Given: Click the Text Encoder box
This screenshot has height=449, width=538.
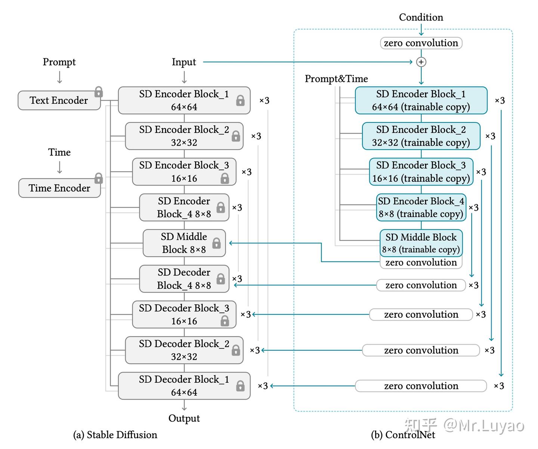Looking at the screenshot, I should click(59, 100).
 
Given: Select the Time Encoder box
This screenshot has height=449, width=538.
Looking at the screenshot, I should click(59, 188).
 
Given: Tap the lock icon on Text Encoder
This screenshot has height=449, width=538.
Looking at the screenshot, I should click(99, 92).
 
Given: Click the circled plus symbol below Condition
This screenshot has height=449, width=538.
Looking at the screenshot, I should click(421, 62).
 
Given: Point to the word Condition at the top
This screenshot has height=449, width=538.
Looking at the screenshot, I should click(421, 17).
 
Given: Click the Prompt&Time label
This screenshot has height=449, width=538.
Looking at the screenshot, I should click(336, 79).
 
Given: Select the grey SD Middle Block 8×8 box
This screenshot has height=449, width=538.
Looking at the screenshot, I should click(184, 243).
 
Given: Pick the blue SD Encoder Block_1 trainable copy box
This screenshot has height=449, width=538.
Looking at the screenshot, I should click(421, 100).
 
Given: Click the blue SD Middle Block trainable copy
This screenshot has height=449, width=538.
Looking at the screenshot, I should click(421, 243).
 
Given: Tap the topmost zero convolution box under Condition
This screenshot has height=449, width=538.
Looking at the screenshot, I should click(421, 43).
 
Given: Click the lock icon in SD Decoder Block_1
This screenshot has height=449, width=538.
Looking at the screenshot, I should click(240, 385).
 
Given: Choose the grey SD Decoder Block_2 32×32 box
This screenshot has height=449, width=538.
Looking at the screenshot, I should click(184, 350).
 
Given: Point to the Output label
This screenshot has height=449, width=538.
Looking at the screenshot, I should click(184, 418).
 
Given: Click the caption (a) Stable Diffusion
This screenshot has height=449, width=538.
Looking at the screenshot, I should click(115, 435).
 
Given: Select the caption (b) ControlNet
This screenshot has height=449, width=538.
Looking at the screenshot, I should click(403, 435).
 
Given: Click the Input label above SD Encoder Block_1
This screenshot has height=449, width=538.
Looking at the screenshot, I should click(184, 62).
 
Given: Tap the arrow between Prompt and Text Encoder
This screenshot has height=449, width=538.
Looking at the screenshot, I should click(59, 77).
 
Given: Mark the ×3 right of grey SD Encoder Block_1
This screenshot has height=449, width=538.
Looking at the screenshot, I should click(264, 101).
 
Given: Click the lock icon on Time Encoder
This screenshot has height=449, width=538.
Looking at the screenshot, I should click(99, 178).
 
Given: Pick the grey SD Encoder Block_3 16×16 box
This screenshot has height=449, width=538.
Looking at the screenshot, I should click(184, 172).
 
